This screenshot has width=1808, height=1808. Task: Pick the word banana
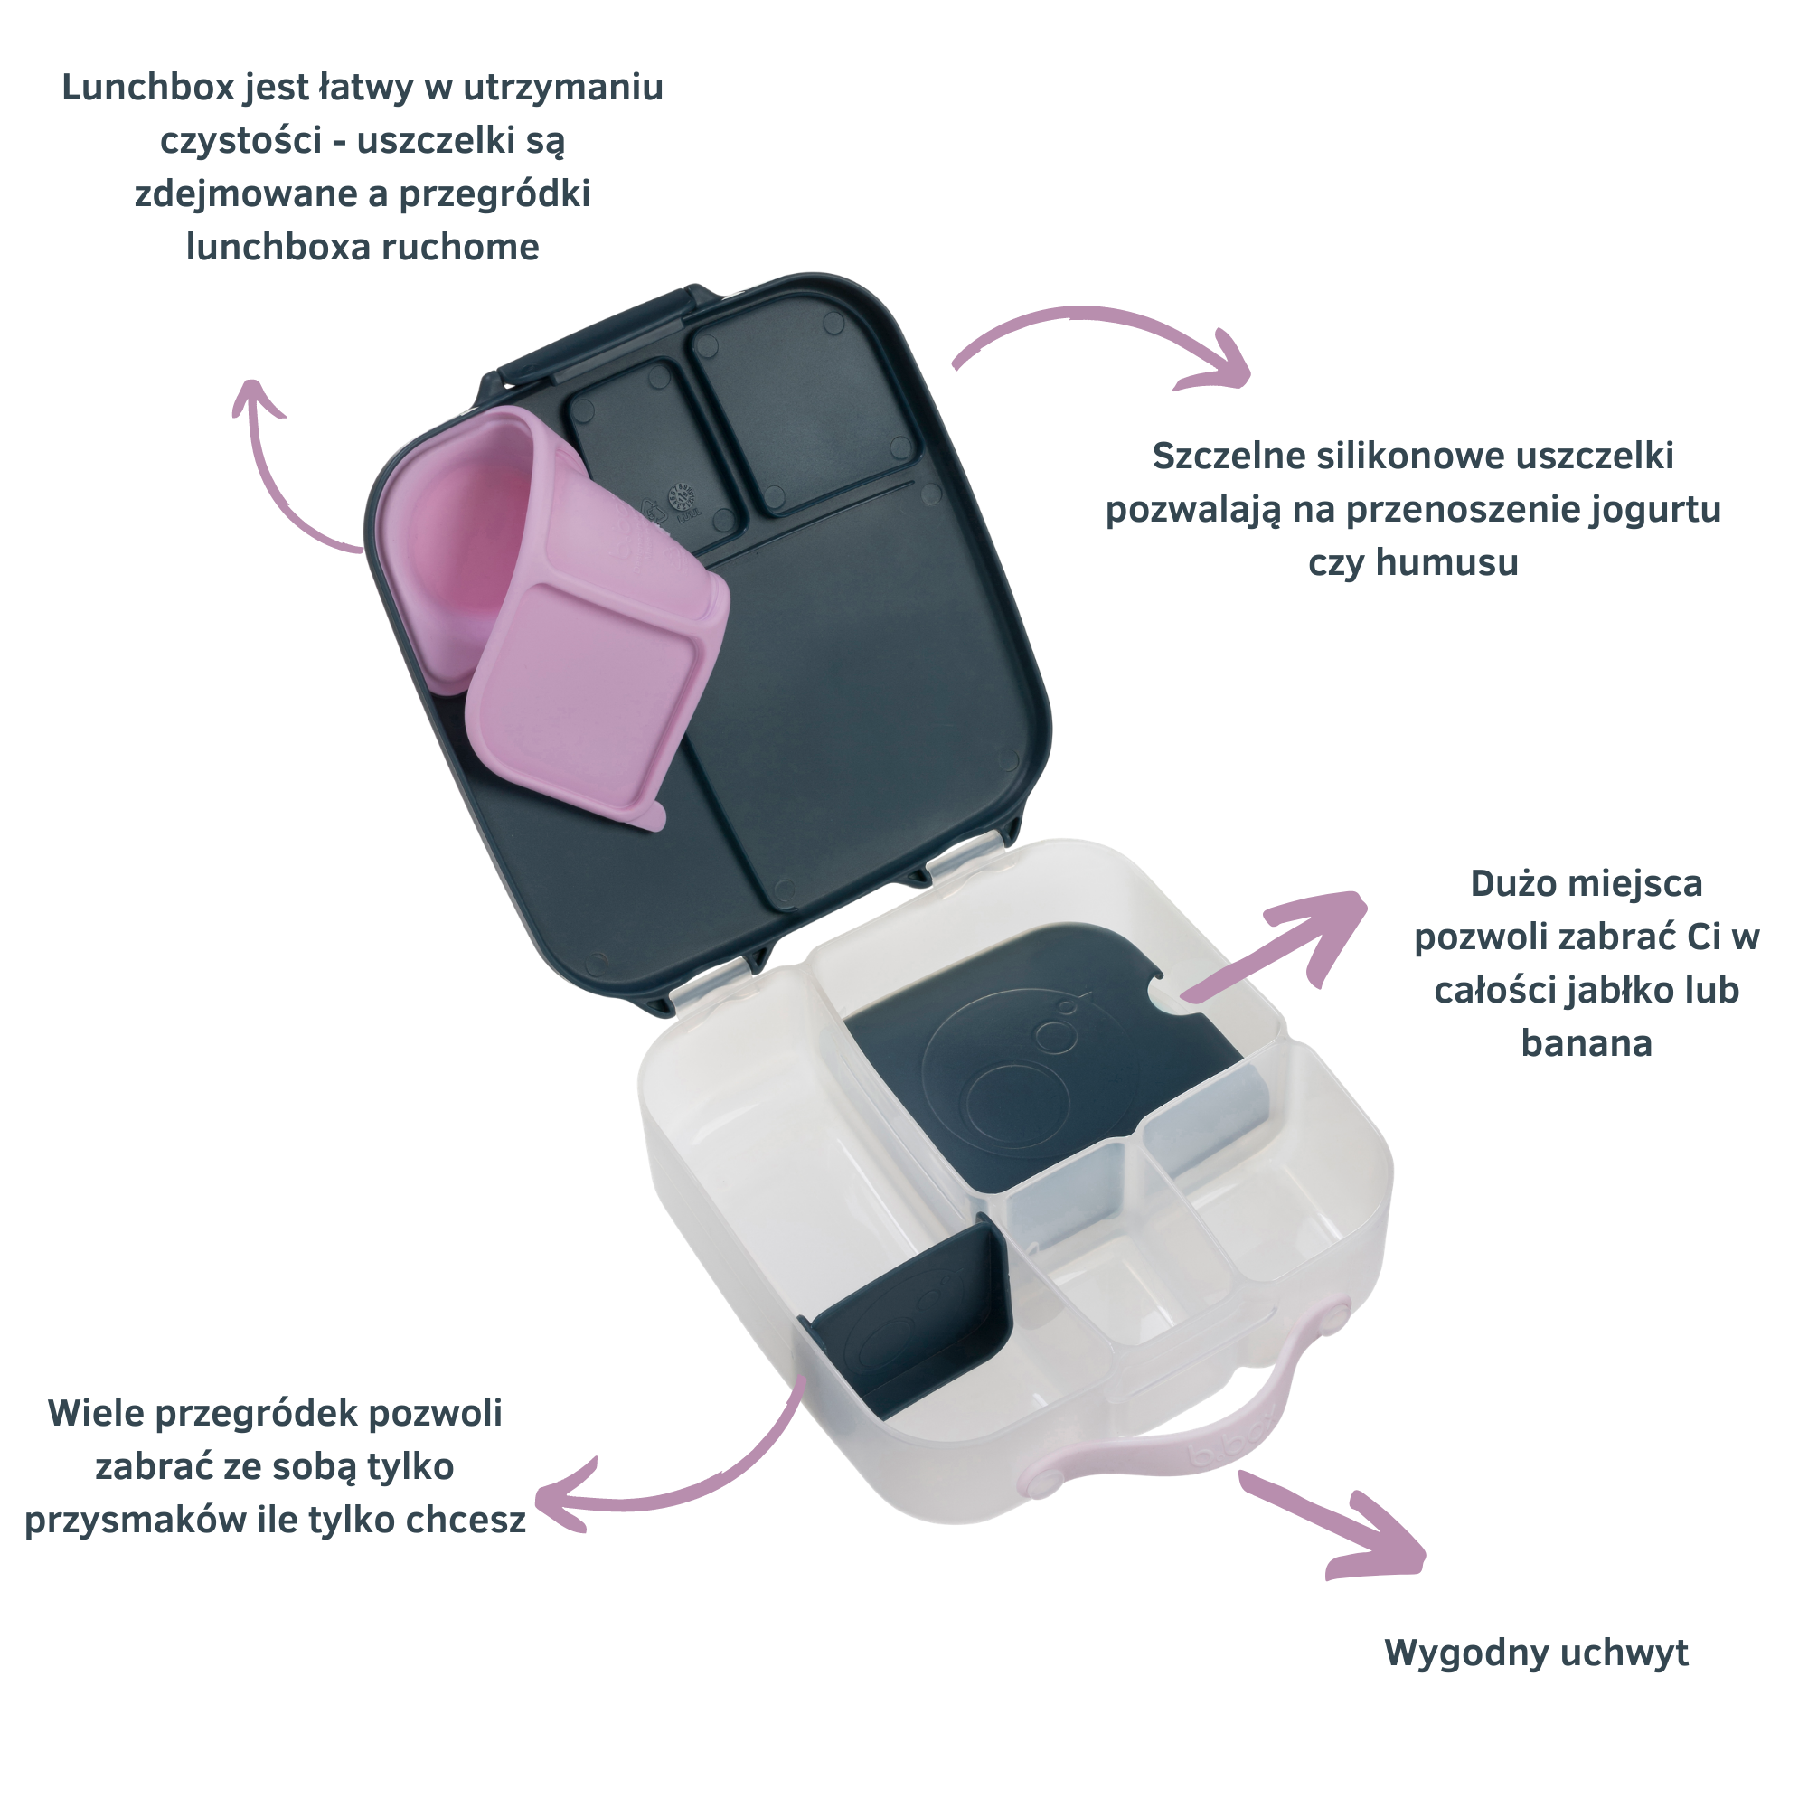[1587, 1043]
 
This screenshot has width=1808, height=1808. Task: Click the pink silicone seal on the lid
[552, 608]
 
